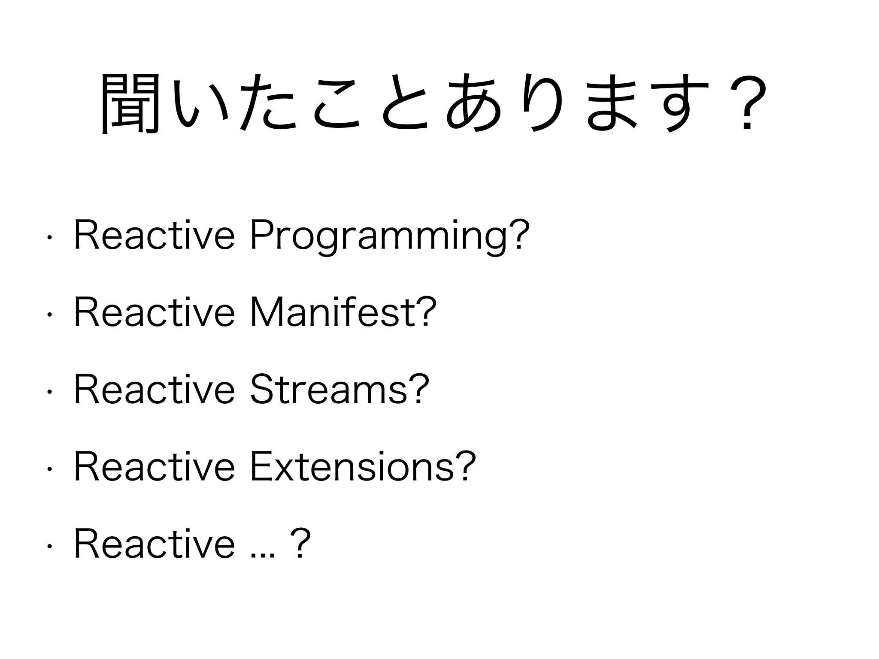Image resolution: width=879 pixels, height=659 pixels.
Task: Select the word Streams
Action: pos(328,389)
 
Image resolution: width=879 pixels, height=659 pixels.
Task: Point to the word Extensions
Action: pos(352,466)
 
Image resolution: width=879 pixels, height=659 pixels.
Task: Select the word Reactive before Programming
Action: pos(155,235)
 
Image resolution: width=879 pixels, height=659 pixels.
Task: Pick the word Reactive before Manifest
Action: pos(155,312)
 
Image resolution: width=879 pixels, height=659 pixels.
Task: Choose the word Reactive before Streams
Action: pos(155,389)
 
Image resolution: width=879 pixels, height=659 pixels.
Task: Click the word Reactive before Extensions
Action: pos(155,466)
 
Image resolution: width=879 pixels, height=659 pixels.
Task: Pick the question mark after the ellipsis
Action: pos(300,544)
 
